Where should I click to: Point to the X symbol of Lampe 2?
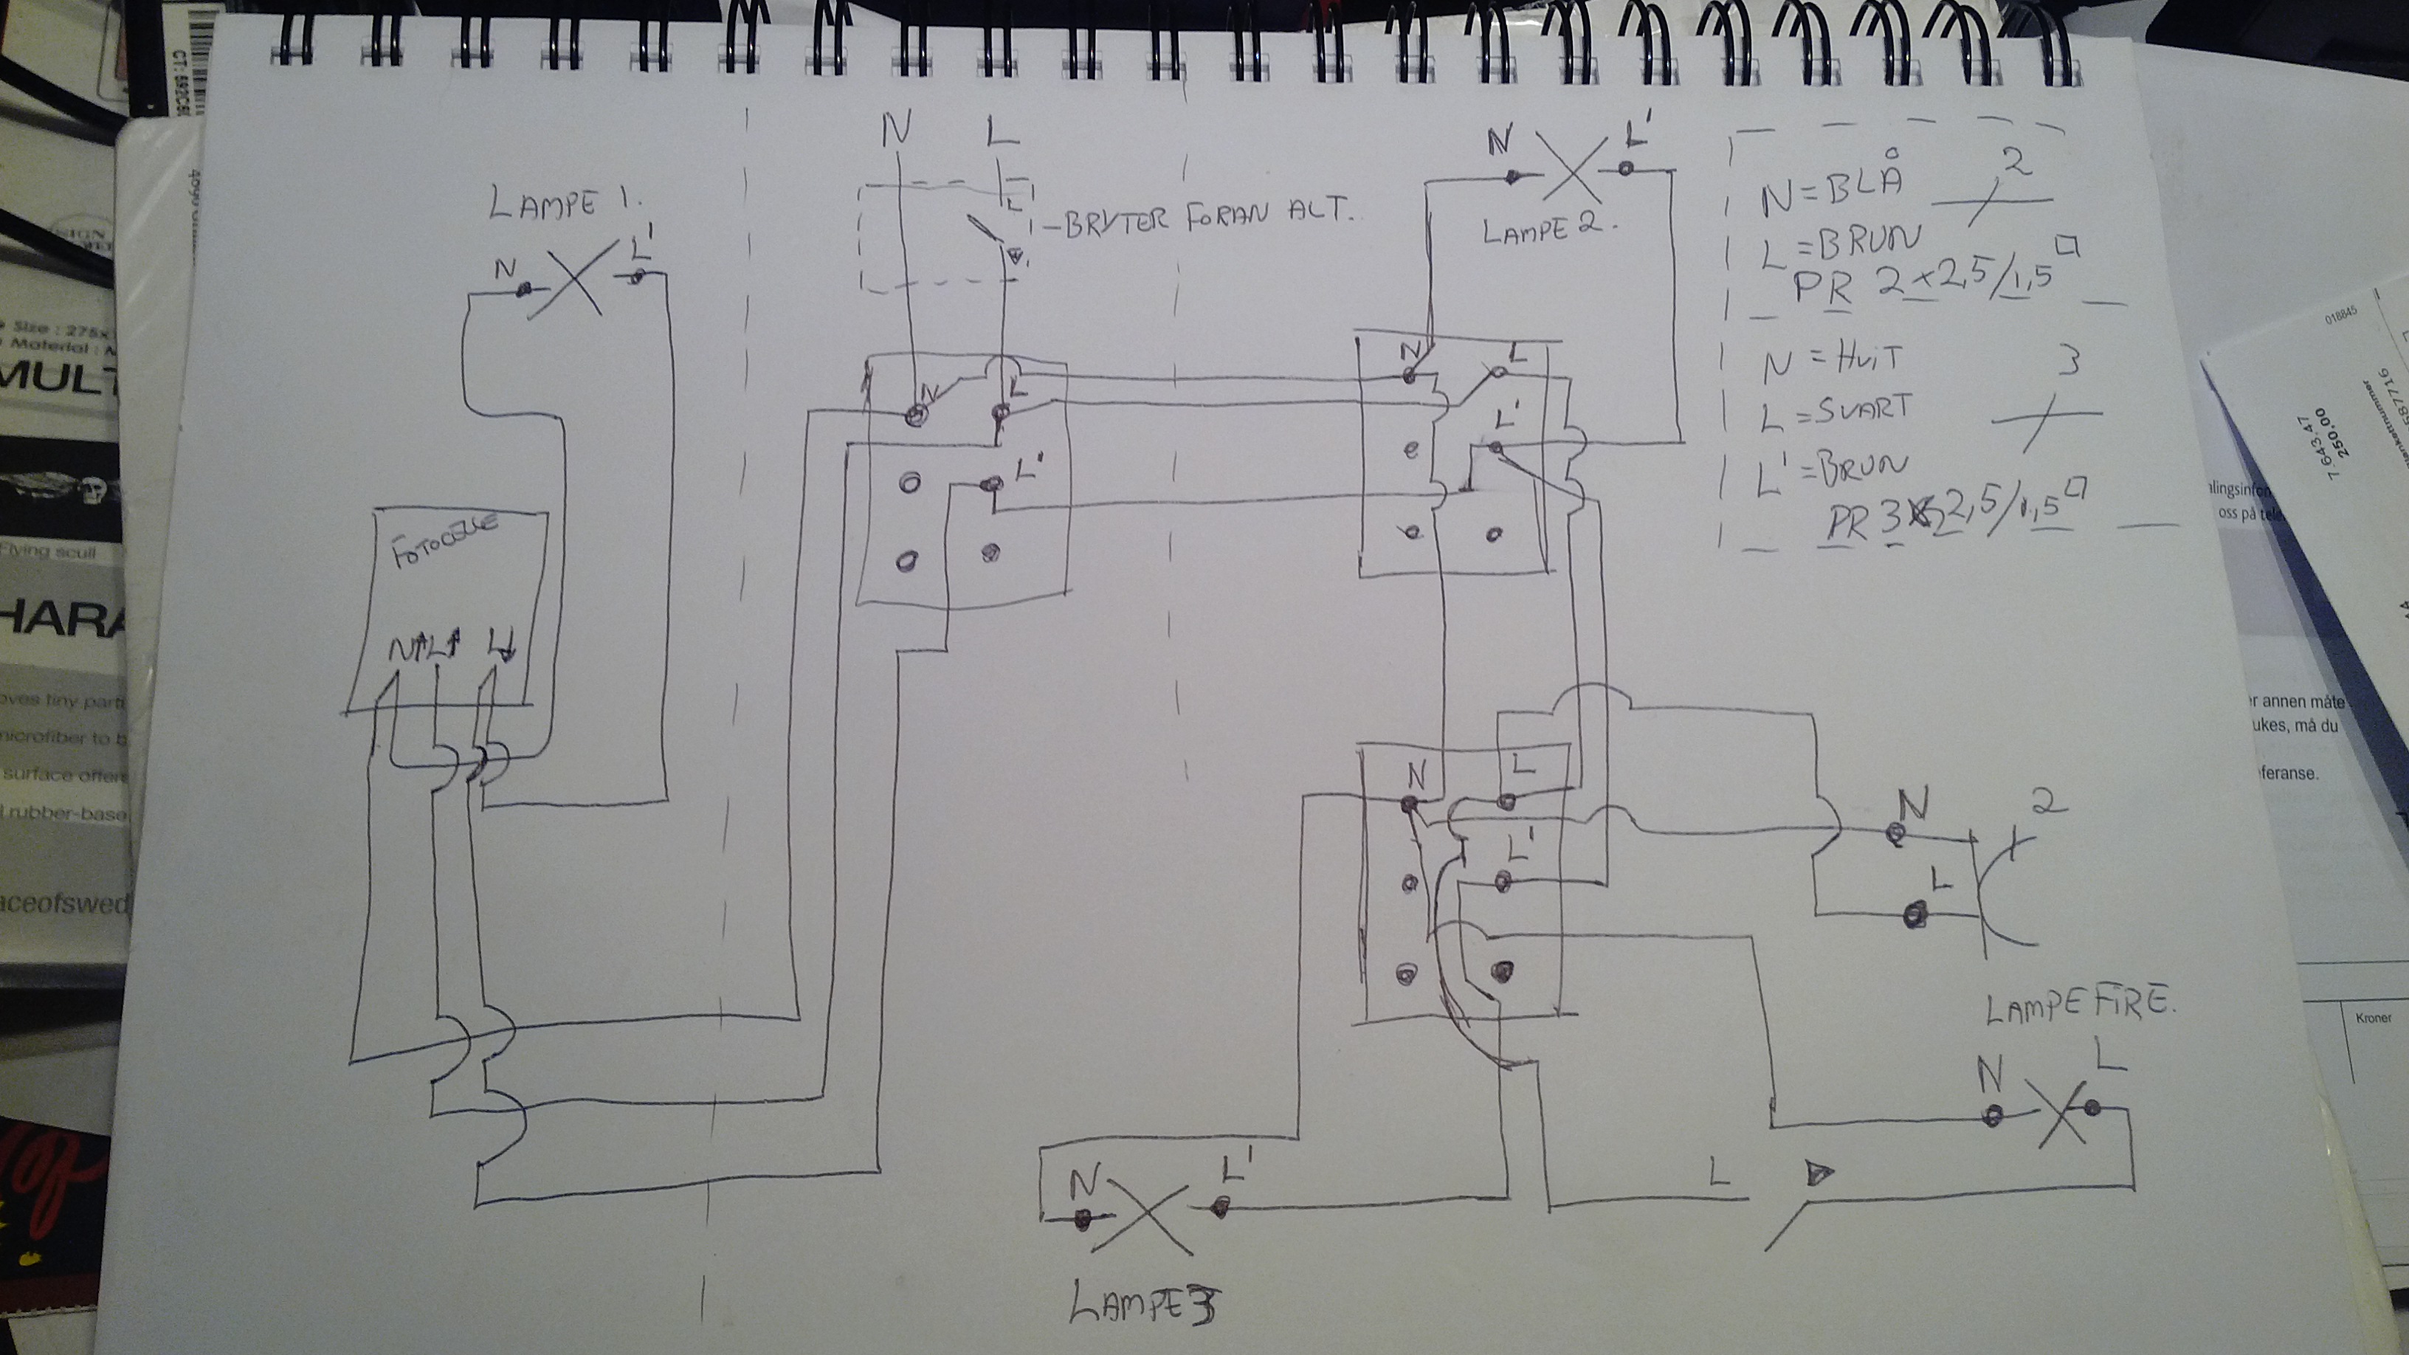tap(1571, 172)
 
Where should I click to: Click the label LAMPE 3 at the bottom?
tap(1145, 1302)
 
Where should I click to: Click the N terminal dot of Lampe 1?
tap(525, 289)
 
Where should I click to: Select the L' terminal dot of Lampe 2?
tap(1626, 169)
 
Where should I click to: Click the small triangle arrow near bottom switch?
tap(1817, 1173)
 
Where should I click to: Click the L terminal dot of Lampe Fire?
tap(2092, 1108)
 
